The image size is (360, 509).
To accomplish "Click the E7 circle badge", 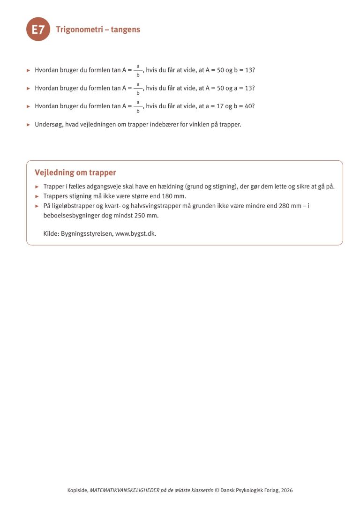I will click(38, 30).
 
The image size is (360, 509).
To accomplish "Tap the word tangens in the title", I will click(125, 30).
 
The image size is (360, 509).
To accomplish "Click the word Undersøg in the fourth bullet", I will click(48, 125).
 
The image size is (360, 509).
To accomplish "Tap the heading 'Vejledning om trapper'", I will click(75, 172).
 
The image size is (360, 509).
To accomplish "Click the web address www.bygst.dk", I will click(135, 233).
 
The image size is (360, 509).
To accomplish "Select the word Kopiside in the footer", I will click(77, 490).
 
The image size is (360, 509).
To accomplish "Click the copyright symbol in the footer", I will click(217, 490).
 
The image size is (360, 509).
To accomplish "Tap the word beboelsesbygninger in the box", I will click(69, 215).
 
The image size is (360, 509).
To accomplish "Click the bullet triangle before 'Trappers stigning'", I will click(37, 196).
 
